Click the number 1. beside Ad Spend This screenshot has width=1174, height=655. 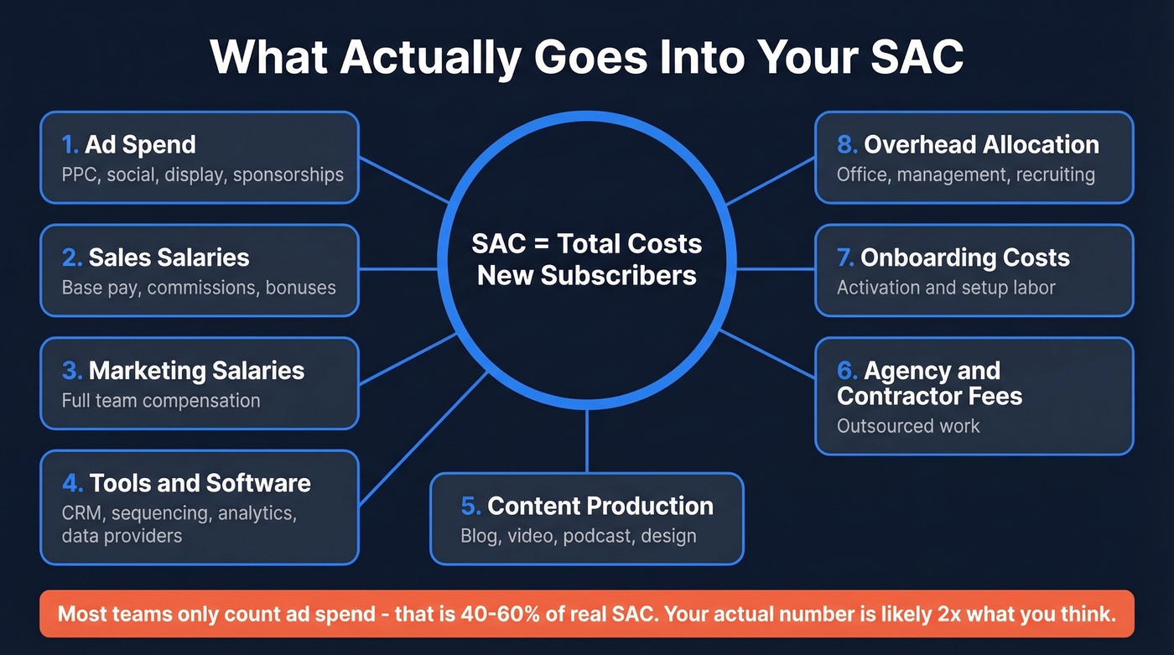coord(70,144)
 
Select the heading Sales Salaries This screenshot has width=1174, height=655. coord(169,257)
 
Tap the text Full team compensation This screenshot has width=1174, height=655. coord(161,400)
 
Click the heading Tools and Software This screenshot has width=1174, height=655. coord(200,483)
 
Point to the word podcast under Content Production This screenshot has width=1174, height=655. coord(599,536)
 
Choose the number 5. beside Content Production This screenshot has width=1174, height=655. coord(470,506)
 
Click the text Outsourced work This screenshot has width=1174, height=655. coord(908,425)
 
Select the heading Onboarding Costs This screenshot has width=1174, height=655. coord(964,257)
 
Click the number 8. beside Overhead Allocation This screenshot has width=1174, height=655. coord(847,144)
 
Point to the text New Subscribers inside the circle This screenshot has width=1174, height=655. coord(587,274)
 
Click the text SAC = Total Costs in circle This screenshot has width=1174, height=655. coord(587,244)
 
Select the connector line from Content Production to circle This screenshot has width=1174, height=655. coord(587,442)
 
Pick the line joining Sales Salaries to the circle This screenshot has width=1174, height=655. coord(397,270)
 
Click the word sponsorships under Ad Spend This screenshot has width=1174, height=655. coord(288,174)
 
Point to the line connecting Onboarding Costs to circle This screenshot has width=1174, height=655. coord(776,270)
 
